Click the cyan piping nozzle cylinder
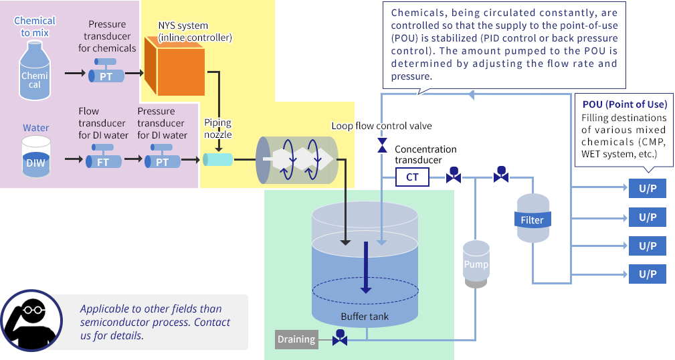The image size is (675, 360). click(x=217, y=159)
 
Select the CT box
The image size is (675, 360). click(x=412, y=177)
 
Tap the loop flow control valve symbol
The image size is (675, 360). click(x=382, y=145)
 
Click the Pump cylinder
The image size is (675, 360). click(x=476, y=264)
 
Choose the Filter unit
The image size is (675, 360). click(x=533, y=218)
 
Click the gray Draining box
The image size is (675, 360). click(x=296, y=339)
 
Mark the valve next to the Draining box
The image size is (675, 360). click(x=340, y=339)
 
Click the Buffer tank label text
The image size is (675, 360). click(x=365, y=316)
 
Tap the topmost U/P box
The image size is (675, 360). click(x=648, y=189)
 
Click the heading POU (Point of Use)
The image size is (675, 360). click(x=624, y=105)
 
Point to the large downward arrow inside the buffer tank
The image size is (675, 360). click(x=365, y=268)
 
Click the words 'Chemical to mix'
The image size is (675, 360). click(x=35, y=27)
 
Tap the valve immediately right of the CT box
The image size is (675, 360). click(x=454, y=176)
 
